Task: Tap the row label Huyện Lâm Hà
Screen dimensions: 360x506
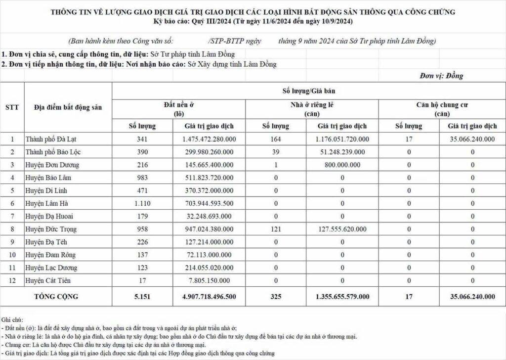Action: pos(47,204)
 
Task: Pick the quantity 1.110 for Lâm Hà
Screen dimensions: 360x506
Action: pos(142,204)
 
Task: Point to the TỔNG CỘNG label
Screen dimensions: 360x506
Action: pos(56,297)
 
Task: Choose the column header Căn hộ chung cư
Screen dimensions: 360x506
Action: pos(442,105)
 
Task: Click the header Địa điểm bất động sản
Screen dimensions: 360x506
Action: pos(68,107)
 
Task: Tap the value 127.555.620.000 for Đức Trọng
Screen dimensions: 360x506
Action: pos(342,229)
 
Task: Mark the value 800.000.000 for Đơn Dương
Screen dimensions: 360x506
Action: pos(342,165)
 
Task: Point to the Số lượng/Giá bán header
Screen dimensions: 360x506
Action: pos(309,91)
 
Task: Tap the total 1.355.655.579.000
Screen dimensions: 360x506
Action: pos(342,297)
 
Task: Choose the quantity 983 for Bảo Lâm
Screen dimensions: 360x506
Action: pos(142,178)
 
